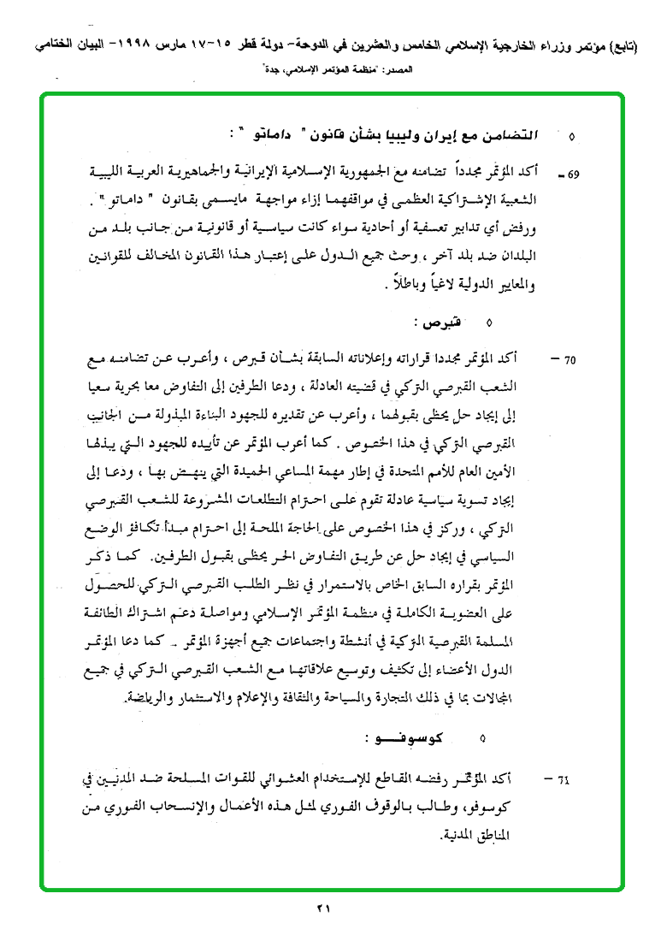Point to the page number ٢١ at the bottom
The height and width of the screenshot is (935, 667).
click(322, 909)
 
